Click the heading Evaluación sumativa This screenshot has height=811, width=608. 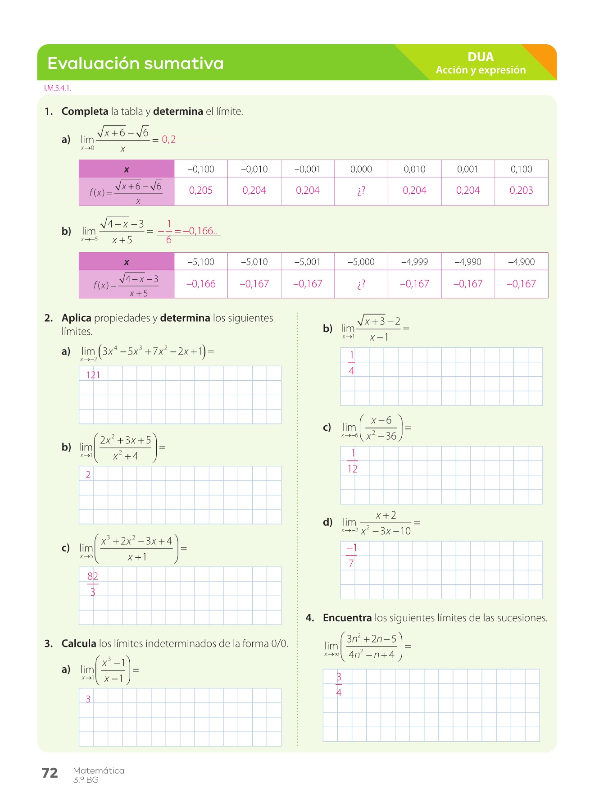click(x=135, y=63)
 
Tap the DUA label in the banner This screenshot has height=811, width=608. click(x=481, y=57)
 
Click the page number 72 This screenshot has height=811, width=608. click(x=50, y=773)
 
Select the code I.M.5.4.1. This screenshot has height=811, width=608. click(x=58, y=88)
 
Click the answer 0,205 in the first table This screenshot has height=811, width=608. click(x=201, y=191)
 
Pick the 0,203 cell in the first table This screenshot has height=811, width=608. click(x=521, y=191)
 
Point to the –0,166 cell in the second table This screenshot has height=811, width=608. click(x=201, y=284)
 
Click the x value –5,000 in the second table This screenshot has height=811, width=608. click(x=361, y=262)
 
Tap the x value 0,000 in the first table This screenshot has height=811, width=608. click(x=361, y=169)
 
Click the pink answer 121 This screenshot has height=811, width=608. click(x=93, y=375)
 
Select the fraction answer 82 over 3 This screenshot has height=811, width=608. click(x=93, y=584)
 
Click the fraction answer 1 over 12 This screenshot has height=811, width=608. click(x=352, y=461)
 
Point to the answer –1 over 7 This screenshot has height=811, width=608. click(x=351, y=556)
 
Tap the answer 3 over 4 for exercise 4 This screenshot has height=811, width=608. click(x=339, y=684)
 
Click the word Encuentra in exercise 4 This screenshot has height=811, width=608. click(x=347, y=618)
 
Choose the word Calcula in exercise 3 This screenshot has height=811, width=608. click(x=79, y=643)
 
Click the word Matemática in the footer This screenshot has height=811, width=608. click(x=99, y=770)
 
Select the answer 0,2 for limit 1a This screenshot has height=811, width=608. click(x=169, y=140)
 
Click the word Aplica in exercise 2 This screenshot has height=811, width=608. click(x=77, y=318)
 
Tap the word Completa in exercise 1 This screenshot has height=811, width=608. click(x=85, y=111)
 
